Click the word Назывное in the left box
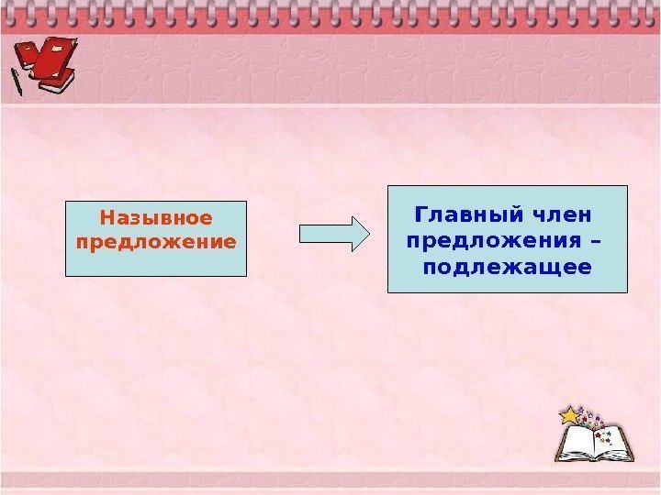tap(156, 218)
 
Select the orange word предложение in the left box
tap(156, 242)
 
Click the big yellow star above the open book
tap(571, 415)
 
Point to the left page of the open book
tap(579, 444)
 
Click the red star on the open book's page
tap(599, 434)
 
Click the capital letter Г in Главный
tap(421, 216)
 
